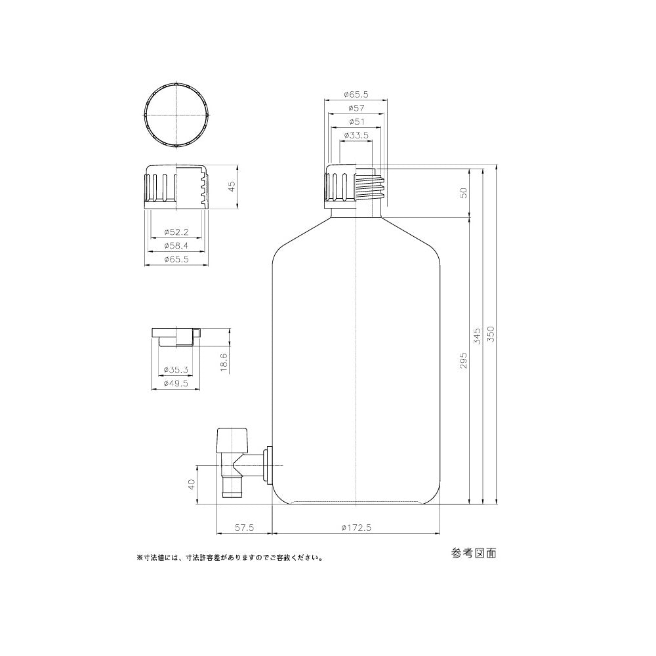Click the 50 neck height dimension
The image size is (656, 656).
coord(463,193)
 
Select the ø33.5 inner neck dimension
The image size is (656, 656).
coord(357,135)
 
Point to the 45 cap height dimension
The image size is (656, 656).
coord(231,187)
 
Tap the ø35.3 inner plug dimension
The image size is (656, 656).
coord(175,369)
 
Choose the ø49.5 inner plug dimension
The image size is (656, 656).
coord(175,384)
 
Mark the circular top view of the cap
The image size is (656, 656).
coord(176,115)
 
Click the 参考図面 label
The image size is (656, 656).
coord(474,553)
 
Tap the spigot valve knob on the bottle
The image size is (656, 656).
coord(232,437)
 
